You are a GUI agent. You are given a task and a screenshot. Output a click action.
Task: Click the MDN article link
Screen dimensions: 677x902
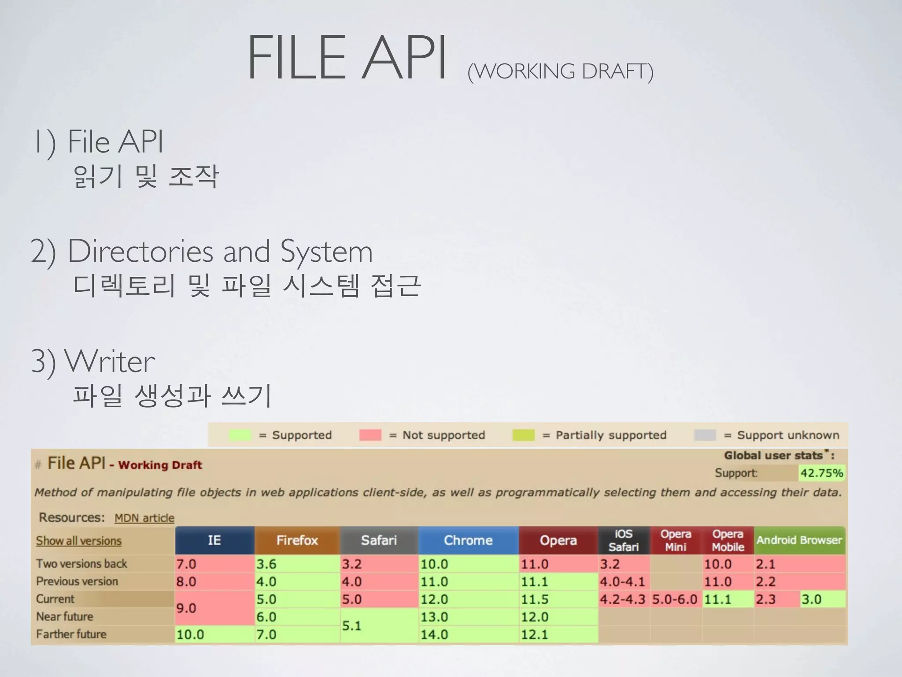coord(144,518)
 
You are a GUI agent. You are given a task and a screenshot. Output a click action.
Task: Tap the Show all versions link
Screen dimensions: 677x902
coord(78,541)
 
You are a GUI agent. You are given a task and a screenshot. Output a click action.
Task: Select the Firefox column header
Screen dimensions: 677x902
coord(297,540)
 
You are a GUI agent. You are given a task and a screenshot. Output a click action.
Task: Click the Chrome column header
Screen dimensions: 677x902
coord(468,540)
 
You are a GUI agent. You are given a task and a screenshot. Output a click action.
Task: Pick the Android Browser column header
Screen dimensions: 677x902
coord(799,540)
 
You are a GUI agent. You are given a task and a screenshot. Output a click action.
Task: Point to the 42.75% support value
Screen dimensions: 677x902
coord(821,473)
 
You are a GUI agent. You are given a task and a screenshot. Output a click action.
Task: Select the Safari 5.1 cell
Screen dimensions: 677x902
coord(379,625)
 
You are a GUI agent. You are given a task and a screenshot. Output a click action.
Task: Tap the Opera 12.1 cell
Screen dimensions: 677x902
coord(558,635)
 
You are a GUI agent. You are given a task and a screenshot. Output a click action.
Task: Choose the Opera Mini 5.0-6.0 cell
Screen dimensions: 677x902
coord(675,599)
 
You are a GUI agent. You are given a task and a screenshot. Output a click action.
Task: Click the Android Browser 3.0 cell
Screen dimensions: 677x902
coord(822,599)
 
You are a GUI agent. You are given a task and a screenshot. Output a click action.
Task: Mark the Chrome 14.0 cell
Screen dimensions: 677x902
coord(468,635)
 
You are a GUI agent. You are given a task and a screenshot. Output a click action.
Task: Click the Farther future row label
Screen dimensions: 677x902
coord(71,634)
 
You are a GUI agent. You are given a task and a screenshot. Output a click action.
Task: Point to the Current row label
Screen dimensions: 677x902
coord(55,599)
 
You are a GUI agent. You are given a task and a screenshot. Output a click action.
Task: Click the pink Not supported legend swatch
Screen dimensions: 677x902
coord(370,435)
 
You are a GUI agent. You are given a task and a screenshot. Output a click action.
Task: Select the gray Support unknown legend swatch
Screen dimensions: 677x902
coord(705,435)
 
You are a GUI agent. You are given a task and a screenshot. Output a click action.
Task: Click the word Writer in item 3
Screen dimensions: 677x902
coord(110,361)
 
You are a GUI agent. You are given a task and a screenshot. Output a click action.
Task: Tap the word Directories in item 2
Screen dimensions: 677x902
coord(141,251)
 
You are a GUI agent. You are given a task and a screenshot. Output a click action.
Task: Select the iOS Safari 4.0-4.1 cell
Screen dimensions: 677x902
coord(623,582)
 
